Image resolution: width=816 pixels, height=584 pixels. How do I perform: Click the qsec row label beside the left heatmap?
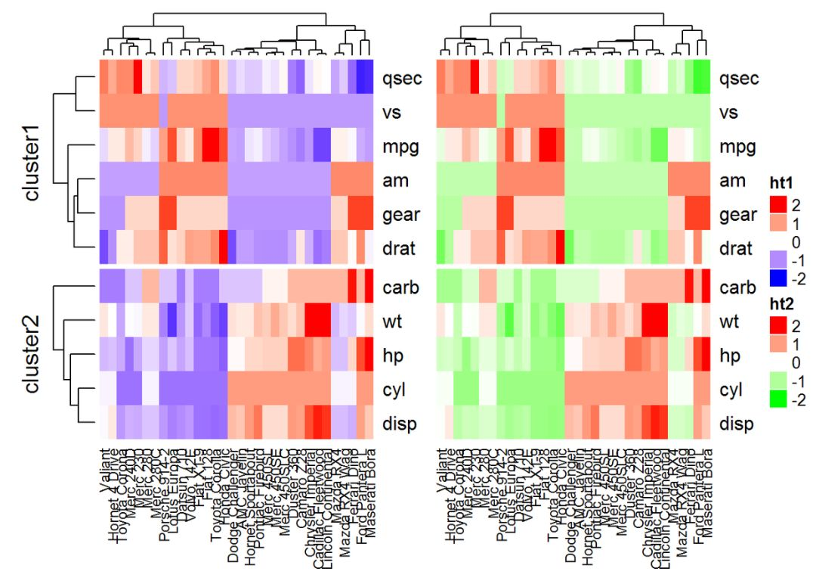pyautogui.click(x=401, y=79)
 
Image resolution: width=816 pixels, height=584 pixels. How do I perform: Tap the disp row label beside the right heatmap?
pyautogui.click(x=736, y=424)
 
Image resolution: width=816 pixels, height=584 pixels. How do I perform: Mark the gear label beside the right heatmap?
pyautogui.click(x=737, y=216)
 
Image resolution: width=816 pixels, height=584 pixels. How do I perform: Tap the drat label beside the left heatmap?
pyautogui.click(x=400, y=249)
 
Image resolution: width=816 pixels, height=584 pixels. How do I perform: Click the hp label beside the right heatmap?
pyautogui.click(x=729, y=356)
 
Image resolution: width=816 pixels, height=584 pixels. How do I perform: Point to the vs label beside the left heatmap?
pyautogui.click(x=393, y=113)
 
